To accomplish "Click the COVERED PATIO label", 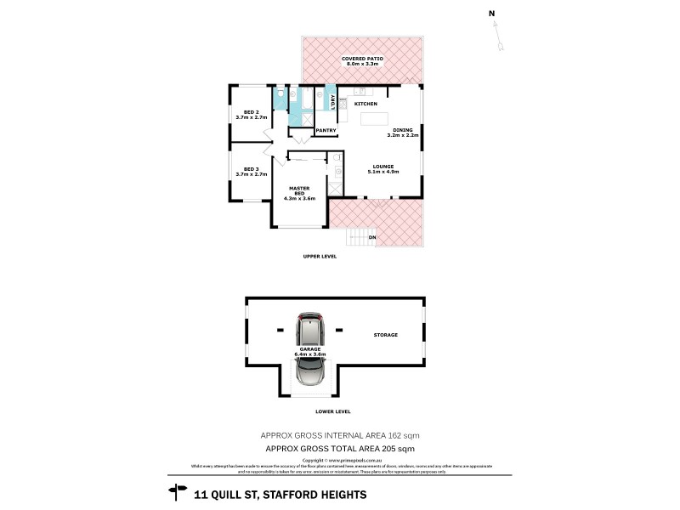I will tap(363, 58).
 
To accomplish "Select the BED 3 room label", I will tap(250, 169).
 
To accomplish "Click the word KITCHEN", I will tap(365, 104).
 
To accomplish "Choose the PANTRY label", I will tap(326, 130).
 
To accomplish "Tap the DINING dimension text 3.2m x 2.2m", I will tap(404, 135).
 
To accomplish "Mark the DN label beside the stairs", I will tap(372, 237).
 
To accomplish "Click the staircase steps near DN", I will tap(361, 234).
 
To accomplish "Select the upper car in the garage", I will tap(309, 329).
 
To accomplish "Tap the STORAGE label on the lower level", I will tap(385, 335).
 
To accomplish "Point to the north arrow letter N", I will tap(491, 13).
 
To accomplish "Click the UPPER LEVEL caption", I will tap(320, 256).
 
